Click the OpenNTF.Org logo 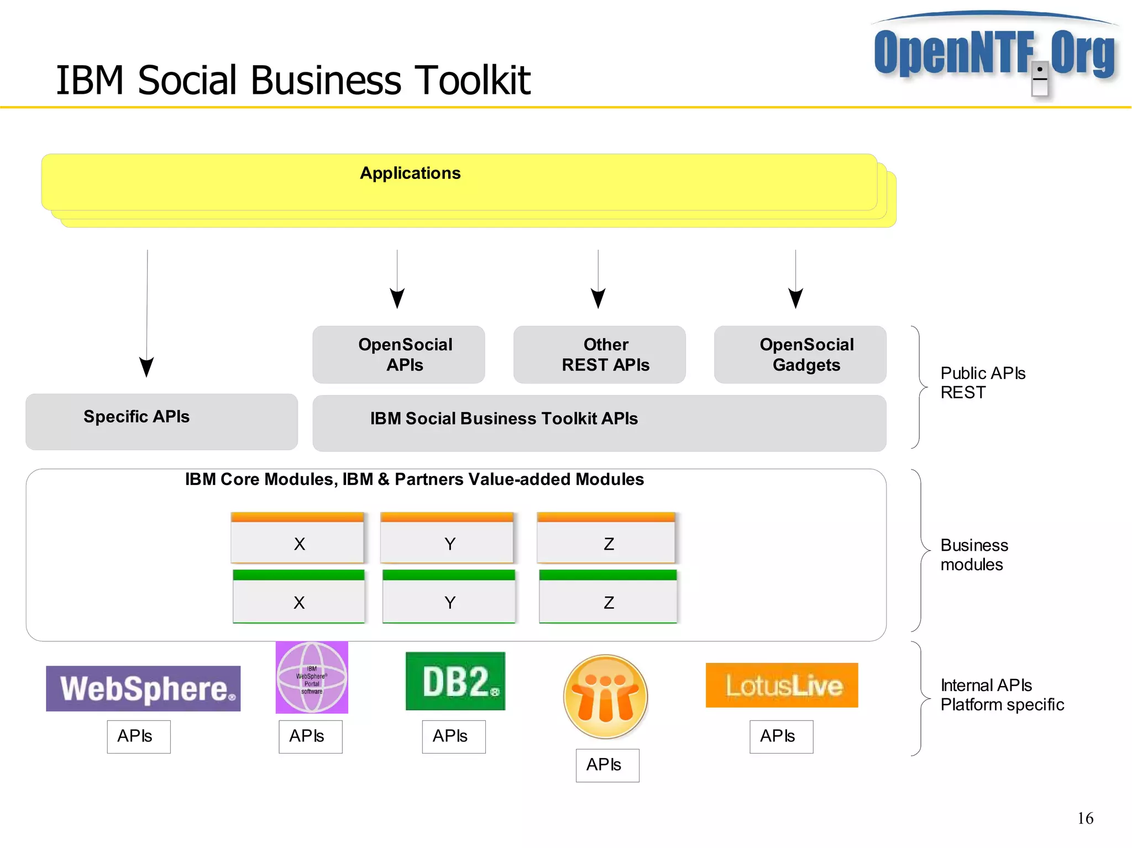pyautogui.click(x=994, y=52)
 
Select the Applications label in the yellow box pyautogui.click(x=410, y=173)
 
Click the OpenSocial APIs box pyautogui.click(x=399, y=355)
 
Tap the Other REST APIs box pyautogui.click(x=599, y=355)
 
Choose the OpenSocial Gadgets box pyautogui.click(x=800, y=355)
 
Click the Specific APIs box pyautogui.click(x=161, y=421)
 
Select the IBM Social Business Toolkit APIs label pyautogui.click(x=504, y=419)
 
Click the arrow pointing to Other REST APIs pyautogui.click(x=598, y=298)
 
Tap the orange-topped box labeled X pyautogui.click(x=297, y=538)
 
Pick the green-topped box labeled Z pyautogui.click(x=608, y=597)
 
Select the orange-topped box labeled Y pyautogui.click(x=447, y=538)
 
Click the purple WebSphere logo pyautogui.click(x=143, y=688)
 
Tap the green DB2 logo pyautogui.click(x=455, y=681)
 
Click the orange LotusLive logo pyautogui.click(x=782, y=685)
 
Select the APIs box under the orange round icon pyautogui.click(x=607, y=765)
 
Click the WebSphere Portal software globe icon pyautogui.click(x=312, y=677)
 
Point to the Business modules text pyautogui.click(x=973, y=555)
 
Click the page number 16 pyautogui.click(x=1085, y=818)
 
